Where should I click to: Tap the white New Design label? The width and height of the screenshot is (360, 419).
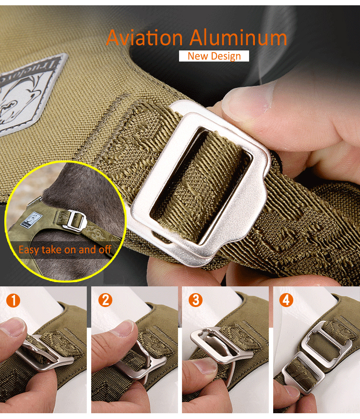click(x=214, y=56)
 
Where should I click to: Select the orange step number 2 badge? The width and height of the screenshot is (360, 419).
click(x=105, y=301)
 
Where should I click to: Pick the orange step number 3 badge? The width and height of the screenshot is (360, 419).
click(x=196, y=301)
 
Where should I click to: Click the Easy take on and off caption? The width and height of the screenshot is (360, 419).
click(x=65, y=250)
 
